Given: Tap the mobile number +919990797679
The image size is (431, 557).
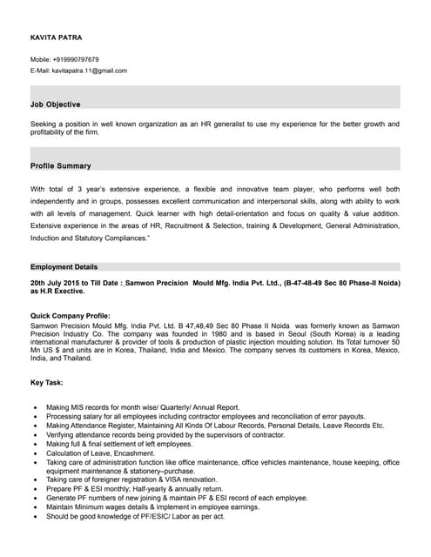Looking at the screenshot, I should [78, 59].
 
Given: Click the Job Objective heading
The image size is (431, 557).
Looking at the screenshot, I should [55, 104].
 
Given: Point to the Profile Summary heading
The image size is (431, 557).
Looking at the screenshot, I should [60, 165].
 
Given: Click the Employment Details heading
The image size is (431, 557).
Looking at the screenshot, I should [64, 266].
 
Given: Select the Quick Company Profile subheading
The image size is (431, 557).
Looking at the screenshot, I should [70, 315].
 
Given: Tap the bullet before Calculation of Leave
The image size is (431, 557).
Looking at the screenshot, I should [34, 453].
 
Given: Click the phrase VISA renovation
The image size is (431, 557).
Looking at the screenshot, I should [188, 480].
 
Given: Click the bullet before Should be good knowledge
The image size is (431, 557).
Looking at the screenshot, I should [34, 516].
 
